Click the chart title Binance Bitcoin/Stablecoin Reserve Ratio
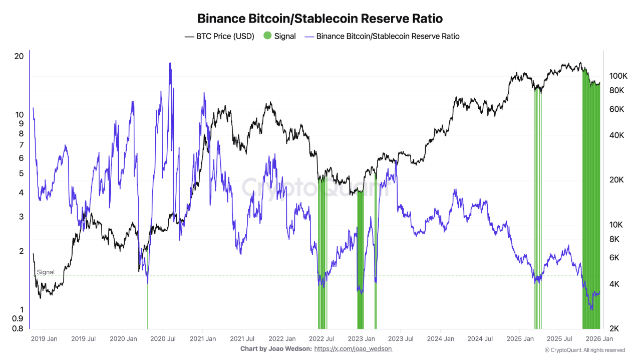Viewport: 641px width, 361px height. coord(320,19)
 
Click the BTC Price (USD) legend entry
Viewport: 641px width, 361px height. coord(220,36)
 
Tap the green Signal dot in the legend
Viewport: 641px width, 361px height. coord(267,36)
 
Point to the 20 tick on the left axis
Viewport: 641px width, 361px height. coord(19,56)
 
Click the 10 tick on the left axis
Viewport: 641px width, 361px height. coord(19,114)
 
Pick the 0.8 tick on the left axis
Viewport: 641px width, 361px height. coord(18,329)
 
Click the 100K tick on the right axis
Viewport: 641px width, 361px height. coord(618,76)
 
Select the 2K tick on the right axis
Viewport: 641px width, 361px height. coord(615,329)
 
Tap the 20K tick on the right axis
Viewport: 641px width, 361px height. coord(616,180)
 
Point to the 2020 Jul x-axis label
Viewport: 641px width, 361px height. coord(162,339)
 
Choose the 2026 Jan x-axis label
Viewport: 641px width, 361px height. coord(599,339)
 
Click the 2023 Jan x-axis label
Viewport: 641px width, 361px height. coord(362,339)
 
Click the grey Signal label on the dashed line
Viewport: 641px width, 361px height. coord(46,272)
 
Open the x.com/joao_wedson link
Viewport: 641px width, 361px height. coord(353,348)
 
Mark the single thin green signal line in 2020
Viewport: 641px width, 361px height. coord(148,306)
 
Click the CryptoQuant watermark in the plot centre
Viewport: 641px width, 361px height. coord(315,188)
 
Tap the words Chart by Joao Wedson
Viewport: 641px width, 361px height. coord(276,348)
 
